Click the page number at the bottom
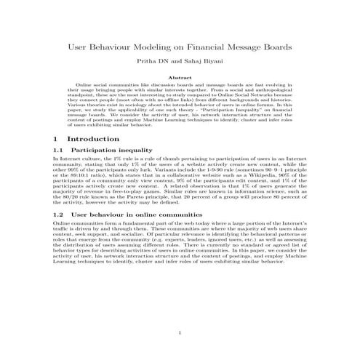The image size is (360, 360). point(180,334)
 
